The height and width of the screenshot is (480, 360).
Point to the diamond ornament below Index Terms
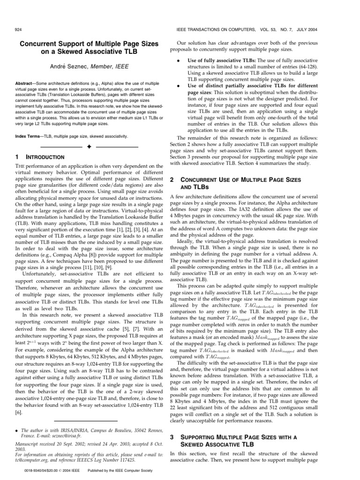88,147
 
